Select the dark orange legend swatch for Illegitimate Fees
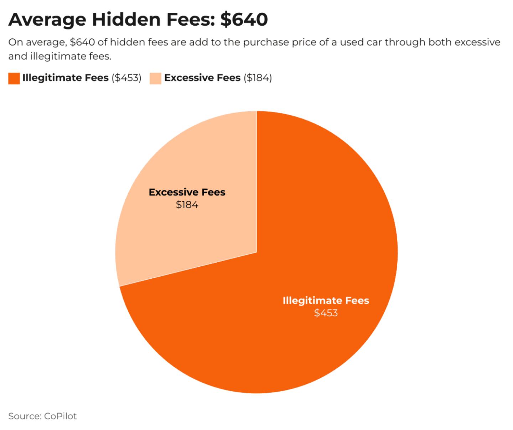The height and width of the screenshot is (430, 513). pos(14,78)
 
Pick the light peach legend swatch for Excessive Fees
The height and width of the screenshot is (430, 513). pos(155,78)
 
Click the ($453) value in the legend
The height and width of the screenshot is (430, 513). pos(126,78)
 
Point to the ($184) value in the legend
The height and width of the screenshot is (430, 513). pos(258,78)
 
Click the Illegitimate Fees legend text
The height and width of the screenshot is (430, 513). pos(66,78)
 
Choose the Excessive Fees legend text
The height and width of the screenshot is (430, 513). pos(202,78)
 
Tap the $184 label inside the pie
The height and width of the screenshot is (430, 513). pos(187,205)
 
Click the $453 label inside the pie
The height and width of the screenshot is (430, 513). pos(326,313)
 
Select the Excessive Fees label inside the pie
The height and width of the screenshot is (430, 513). pos(187,192)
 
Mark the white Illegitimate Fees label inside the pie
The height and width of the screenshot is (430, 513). pos(326,300)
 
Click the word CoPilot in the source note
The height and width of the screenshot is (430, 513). pos(60,416)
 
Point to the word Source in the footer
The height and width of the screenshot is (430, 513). pos(24,416)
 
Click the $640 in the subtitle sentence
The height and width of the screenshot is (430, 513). pos(82,42)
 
